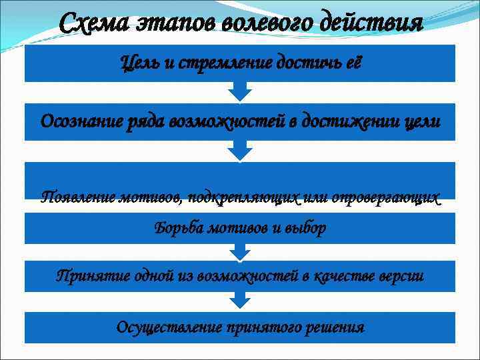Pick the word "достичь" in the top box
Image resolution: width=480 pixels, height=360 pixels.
(x=307, y=63)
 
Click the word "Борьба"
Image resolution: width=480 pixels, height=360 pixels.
(x=178, y=229)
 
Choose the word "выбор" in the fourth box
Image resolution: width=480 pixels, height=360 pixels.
(x=307, y=229)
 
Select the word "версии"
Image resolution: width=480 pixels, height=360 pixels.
(x=400, y=275)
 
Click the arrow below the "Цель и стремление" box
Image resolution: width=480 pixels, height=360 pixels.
(x=239, y=91)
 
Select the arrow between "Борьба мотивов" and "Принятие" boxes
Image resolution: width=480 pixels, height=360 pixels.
(x=239, y=251)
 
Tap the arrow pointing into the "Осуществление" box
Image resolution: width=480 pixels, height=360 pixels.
(x=239, y=302)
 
